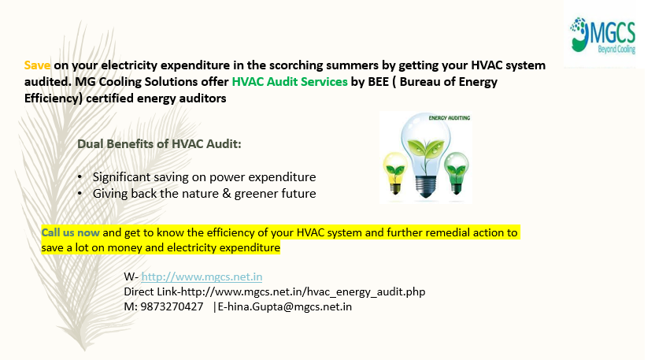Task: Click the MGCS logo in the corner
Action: (x=602, y=35)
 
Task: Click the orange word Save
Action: (x=37, y=65)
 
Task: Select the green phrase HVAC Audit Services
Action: (x=290, y=82)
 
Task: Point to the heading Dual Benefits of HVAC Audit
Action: (x=159, y=144)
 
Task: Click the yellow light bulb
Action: (x=395, y=173)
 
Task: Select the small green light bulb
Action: (x=456, y=173)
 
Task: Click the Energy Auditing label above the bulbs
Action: (x=450, y=118)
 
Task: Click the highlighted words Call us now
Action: (x=70, y=232)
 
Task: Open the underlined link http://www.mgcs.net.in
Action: (x=202, y=276)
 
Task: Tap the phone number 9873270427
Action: (x=172, y=306)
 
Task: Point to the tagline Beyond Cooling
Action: (x=616, y=50)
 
